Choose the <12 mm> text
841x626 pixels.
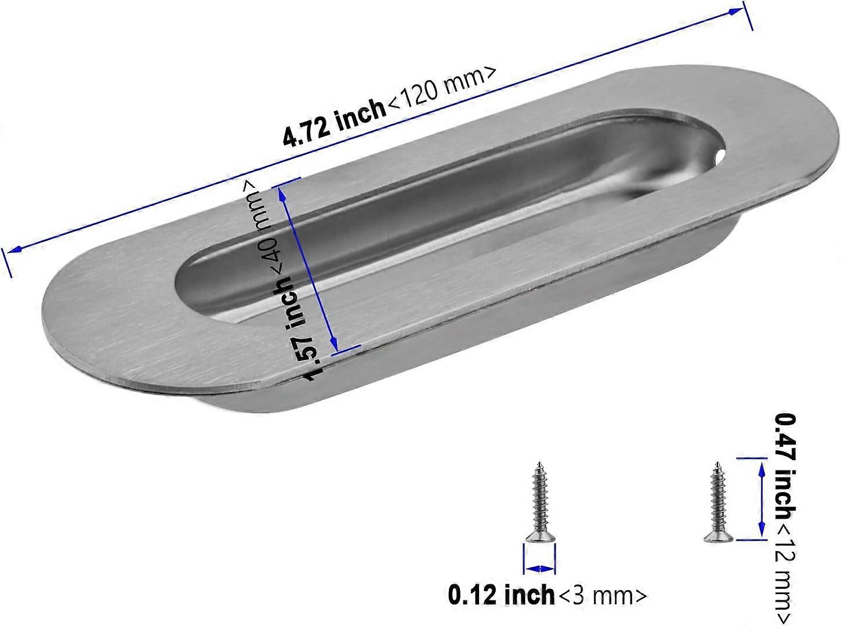tap(785, 574)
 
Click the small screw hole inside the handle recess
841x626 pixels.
tap(720, 155)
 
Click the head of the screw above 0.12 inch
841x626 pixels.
tap(541, 538)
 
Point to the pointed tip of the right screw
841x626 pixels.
tap(718, 464)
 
